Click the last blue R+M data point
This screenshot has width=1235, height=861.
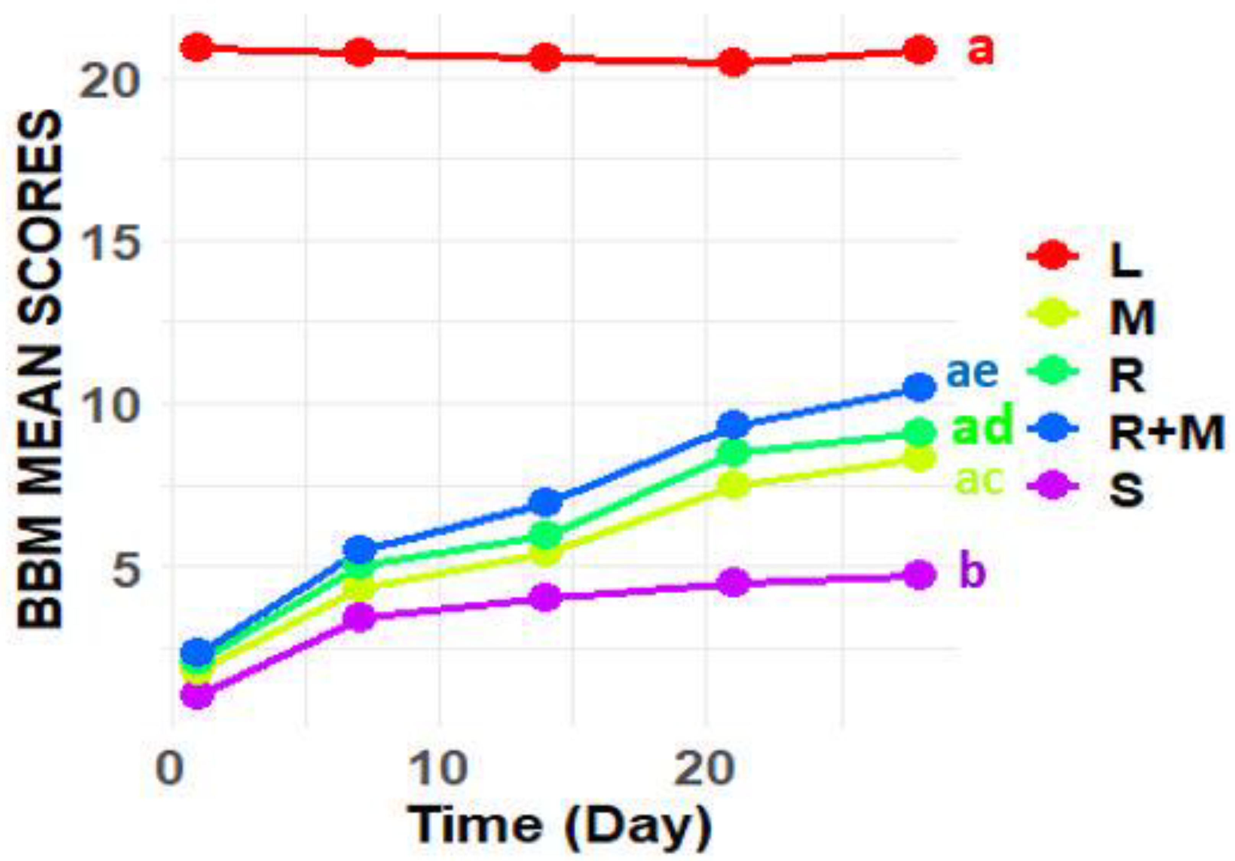pyautogui.click(x=920, y=387)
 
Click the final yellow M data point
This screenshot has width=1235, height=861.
pyautogui.click(x=920, y=459)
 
